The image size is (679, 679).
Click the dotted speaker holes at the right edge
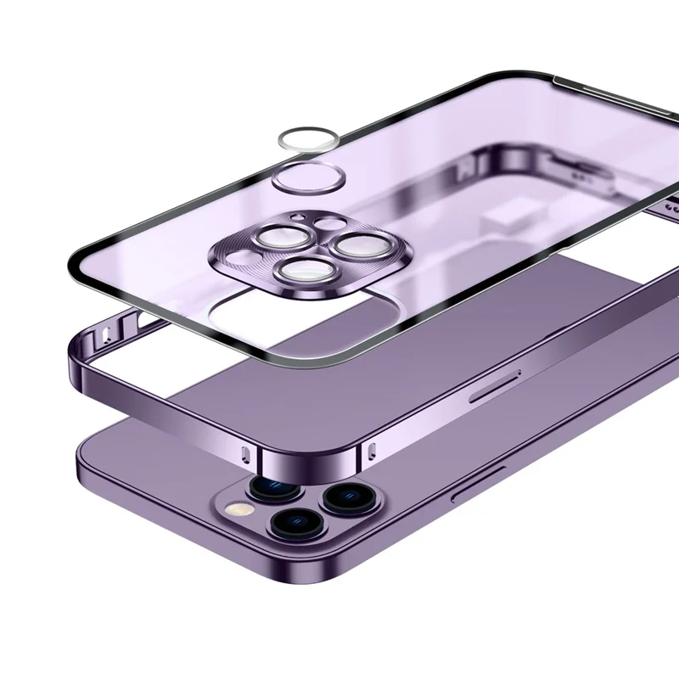click(x=671, y=206)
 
